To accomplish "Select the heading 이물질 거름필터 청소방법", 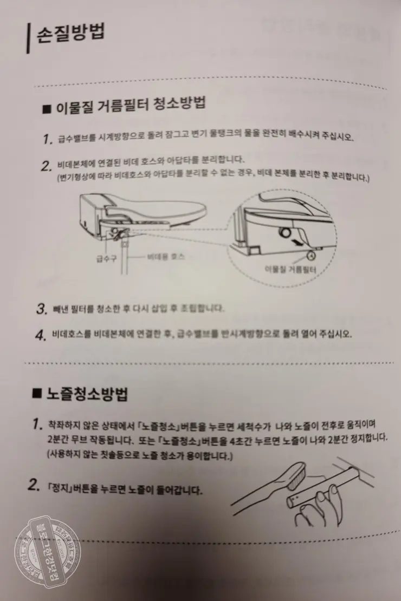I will [x=130, y=104].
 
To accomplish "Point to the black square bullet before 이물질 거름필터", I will [x=47, y=108].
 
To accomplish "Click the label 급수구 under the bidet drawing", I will [x=106, y=258].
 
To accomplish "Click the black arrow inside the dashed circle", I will [x=295, y=242].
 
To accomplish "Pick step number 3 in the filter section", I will [x=40, y=309].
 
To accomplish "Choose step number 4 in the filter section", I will [x=40, y=335].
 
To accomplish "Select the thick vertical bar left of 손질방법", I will [x=27, y=38].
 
